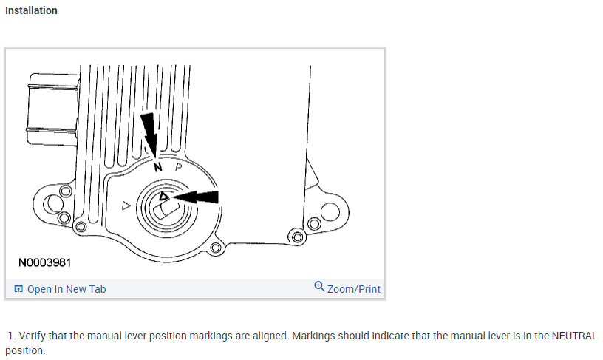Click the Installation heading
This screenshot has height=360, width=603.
tap(31, 11)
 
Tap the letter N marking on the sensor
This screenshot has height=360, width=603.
tap(157, 169)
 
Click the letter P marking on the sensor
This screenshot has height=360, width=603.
tap(178, 167)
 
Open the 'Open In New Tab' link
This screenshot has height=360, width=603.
tap(66, 289)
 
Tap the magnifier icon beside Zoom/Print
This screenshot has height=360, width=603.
tap(319, 287)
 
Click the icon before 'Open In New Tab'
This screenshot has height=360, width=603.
tap(18, 289)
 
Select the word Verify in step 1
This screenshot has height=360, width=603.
tap(33, 336)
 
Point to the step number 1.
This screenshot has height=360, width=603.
tap(11, 336)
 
